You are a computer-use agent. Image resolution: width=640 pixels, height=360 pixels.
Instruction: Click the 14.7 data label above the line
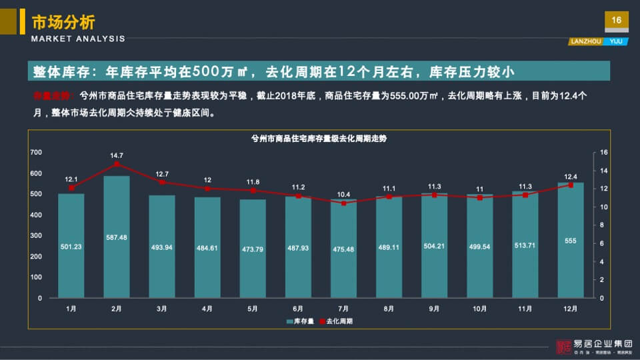coord(117,155)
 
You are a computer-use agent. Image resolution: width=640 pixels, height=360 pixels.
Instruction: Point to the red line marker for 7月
coord(343,203)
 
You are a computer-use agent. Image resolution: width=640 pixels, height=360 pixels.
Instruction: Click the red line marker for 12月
coord(570,185)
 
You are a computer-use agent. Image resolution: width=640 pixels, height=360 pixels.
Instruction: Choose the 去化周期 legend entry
coord(336,321)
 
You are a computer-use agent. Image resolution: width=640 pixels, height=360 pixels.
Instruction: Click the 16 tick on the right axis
coord(604,153)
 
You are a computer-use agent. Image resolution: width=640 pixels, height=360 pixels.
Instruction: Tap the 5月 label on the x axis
coord(253,309)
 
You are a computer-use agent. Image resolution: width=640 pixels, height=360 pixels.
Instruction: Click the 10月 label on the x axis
coord(479,309)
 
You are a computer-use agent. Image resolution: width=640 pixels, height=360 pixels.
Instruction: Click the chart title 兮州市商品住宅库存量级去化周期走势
coord(319,139)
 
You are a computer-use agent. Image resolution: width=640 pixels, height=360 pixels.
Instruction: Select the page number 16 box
coord(616,21)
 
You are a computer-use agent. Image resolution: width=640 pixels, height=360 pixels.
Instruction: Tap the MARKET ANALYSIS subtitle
coord(78,39)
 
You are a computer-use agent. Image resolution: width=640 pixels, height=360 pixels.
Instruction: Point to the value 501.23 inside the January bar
coord(71,246)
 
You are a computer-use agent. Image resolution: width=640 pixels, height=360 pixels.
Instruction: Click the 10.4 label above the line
coord(343,194)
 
